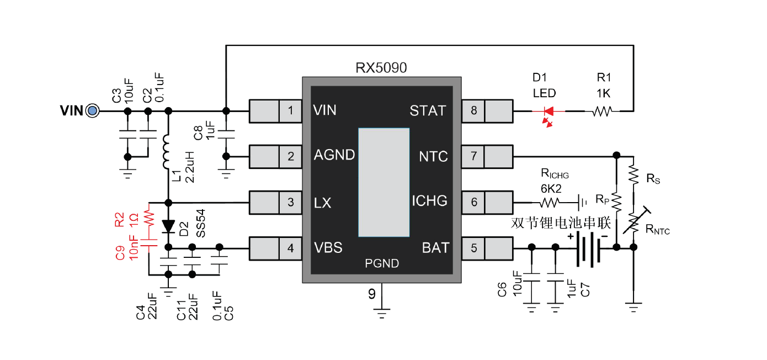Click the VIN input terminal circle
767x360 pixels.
[x=92, y=111]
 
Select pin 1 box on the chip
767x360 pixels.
[x=290, y=111]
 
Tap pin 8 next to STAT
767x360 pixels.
[x=473, y=111]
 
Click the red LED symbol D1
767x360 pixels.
[x=548, y=112]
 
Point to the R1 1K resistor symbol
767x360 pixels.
[x=601, y=112]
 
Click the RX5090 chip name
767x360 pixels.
[x=381, y=68]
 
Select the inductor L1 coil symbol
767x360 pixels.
[x=168, y=152]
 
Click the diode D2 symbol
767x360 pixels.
[x=169, y=226]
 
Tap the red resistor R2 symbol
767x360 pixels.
[x=148, y=216]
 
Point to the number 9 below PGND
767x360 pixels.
[x=372, y=294]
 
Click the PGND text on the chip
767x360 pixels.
[x=382, y=264]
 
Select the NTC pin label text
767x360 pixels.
[x=433, y=157]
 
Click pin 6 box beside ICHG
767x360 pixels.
[x=473, y=202]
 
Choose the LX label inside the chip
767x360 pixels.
[x=322, y=203]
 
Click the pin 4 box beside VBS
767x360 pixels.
[x=290, y=248]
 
